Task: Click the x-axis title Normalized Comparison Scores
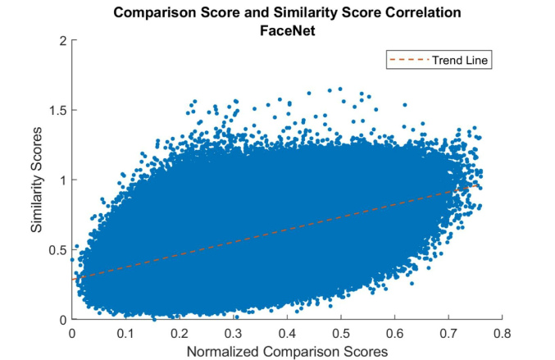click(287, 350)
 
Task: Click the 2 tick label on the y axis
click(62, 40)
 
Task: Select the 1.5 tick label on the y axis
click(57, 110)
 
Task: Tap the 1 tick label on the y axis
click(62, 180)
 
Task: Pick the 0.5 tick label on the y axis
click(57, 249)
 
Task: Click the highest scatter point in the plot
click(339, 89)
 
